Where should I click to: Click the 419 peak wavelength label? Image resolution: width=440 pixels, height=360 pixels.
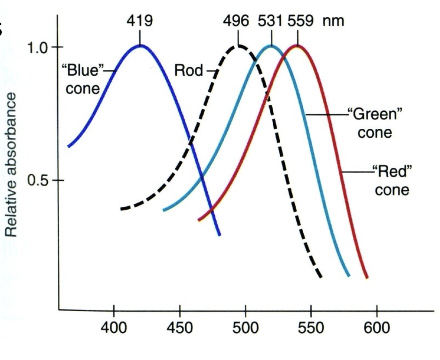tap(139, 21)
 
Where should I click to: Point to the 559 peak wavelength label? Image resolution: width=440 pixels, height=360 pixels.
tap(298, 21)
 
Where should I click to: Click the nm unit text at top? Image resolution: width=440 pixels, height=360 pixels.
tap(333, 21)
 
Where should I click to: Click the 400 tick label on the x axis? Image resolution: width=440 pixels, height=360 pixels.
tap(114, 328)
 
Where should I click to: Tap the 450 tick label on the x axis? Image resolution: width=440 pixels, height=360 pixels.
tap(180, 328)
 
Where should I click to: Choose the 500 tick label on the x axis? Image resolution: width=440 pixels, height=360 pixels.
tap(245, 328)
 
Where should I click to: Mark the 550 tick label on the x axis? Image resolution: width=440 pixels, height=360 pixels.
tap(311, 328)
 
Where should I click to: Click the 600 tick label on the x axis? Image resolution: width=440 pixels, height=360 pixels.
tap(377, 328)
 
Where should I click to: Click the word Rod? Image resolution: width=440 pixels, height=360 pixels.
tap(189, 71)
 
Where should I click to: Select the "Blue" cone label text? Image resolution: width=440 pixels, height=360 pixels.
tap(82, 80)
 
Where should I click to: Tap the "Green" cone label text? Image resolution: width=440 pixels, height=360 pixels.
tap(375, 123)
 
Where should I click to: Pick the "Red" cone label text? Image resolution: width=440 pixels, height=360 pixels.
tap(392, 180)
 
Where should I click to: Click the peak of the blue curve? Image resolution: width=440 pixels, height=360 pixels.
tap(140, 45)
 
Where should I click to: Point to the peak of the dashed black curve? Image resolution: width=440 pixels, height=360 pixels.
tap(237, 46)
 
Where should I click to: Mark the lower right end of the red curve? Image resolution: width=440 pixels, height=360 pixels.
tap(367, 277)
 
